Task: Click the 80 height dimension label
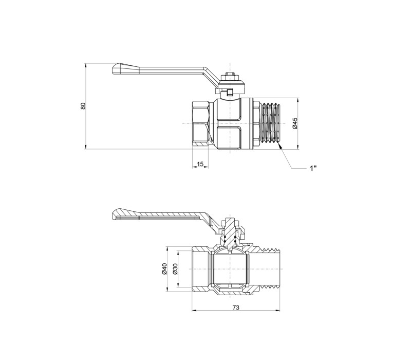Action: tap(83, 106)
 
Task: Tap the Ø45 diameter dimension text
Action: tap(295, 123)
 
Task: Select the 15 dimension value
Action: tap(200, 164)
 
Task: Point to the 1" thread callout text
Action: tap(313, 168)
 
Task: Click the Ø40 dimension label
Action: tap(164, 268)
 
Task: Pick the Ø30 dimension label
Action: tap(175, 268)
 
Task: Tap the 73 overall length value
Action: tap(236, 307)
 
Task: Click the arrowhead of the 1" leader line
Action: tap(279, 148)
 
